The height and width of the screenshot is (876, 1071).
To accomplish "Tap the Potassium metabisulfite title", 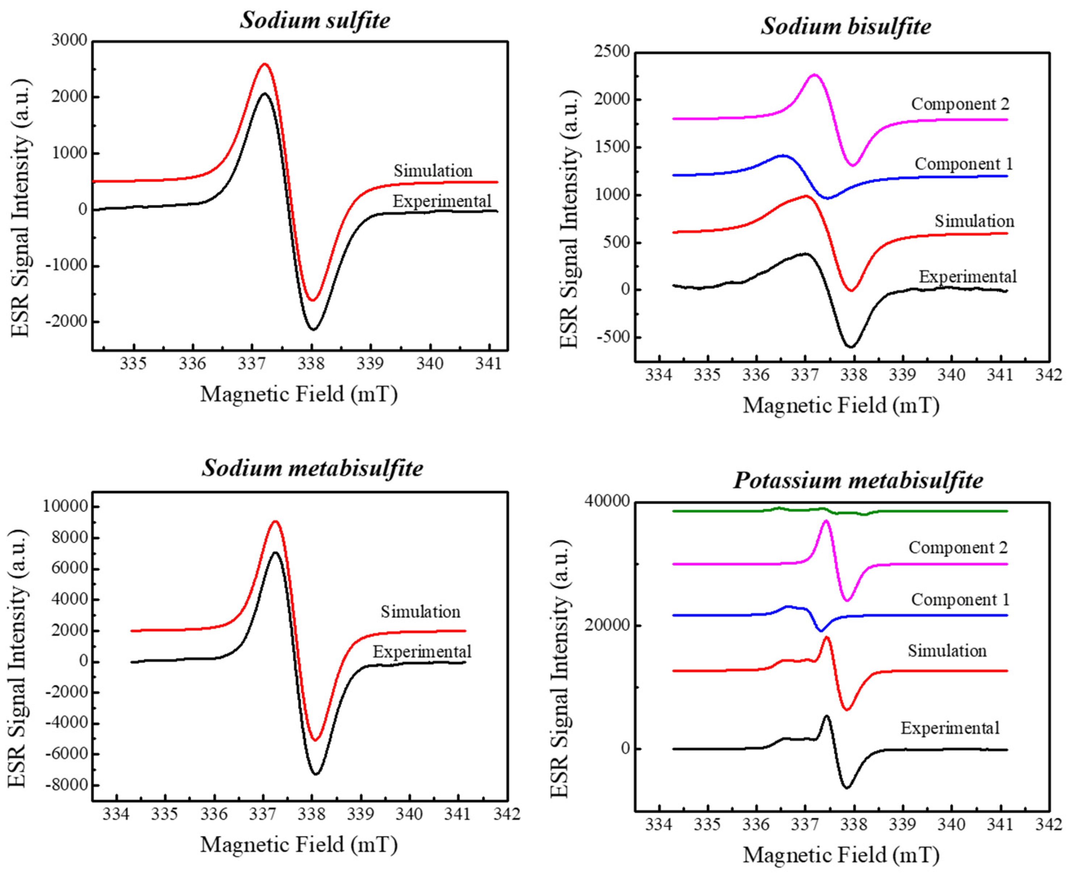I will (x=858, y=480).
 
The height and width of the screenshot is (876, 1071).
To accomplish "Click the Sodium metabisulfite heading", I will (x=312, y=468).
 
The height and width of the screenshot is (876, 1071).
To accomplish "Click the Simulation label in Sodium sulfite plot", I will (x=433, y=171).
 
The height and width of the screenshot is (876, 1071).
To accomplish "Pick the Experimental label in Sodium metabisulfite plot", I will (x=422, y=651).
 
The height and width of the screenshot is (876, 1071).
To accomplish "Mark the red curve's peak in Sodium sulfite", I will (x=264, y=64).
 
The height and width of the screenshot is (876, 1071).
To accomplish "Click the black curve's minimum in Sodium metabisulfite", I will (x=316, y=773).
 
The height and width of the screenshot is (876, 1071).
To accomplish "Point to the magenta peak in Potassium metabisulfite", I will (x=826, y=520).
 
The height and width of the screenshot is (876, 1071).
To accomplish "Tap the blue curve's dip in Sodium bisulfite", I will (x=827, y=198).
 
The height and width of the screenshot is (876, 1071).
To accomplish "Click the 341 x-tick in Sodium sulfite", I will (x=489, y=364).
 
